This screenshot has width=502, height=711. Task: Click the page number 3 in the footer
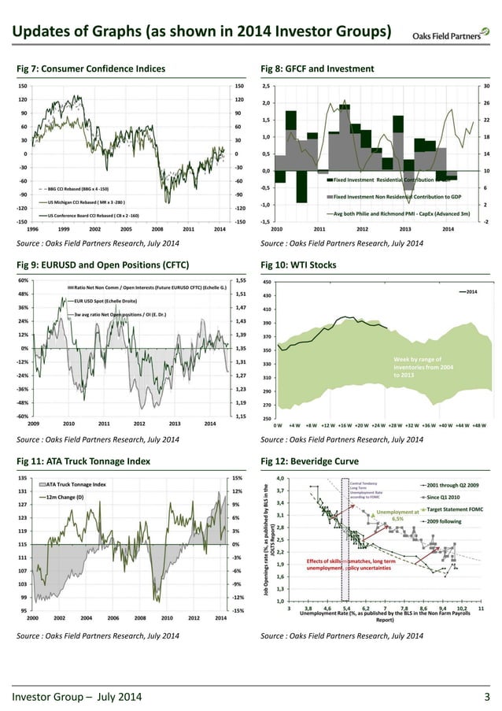click(x=487, y=696)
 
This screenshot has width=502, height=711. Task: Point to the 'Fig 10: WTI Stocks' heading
click(x=298, y=265)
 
